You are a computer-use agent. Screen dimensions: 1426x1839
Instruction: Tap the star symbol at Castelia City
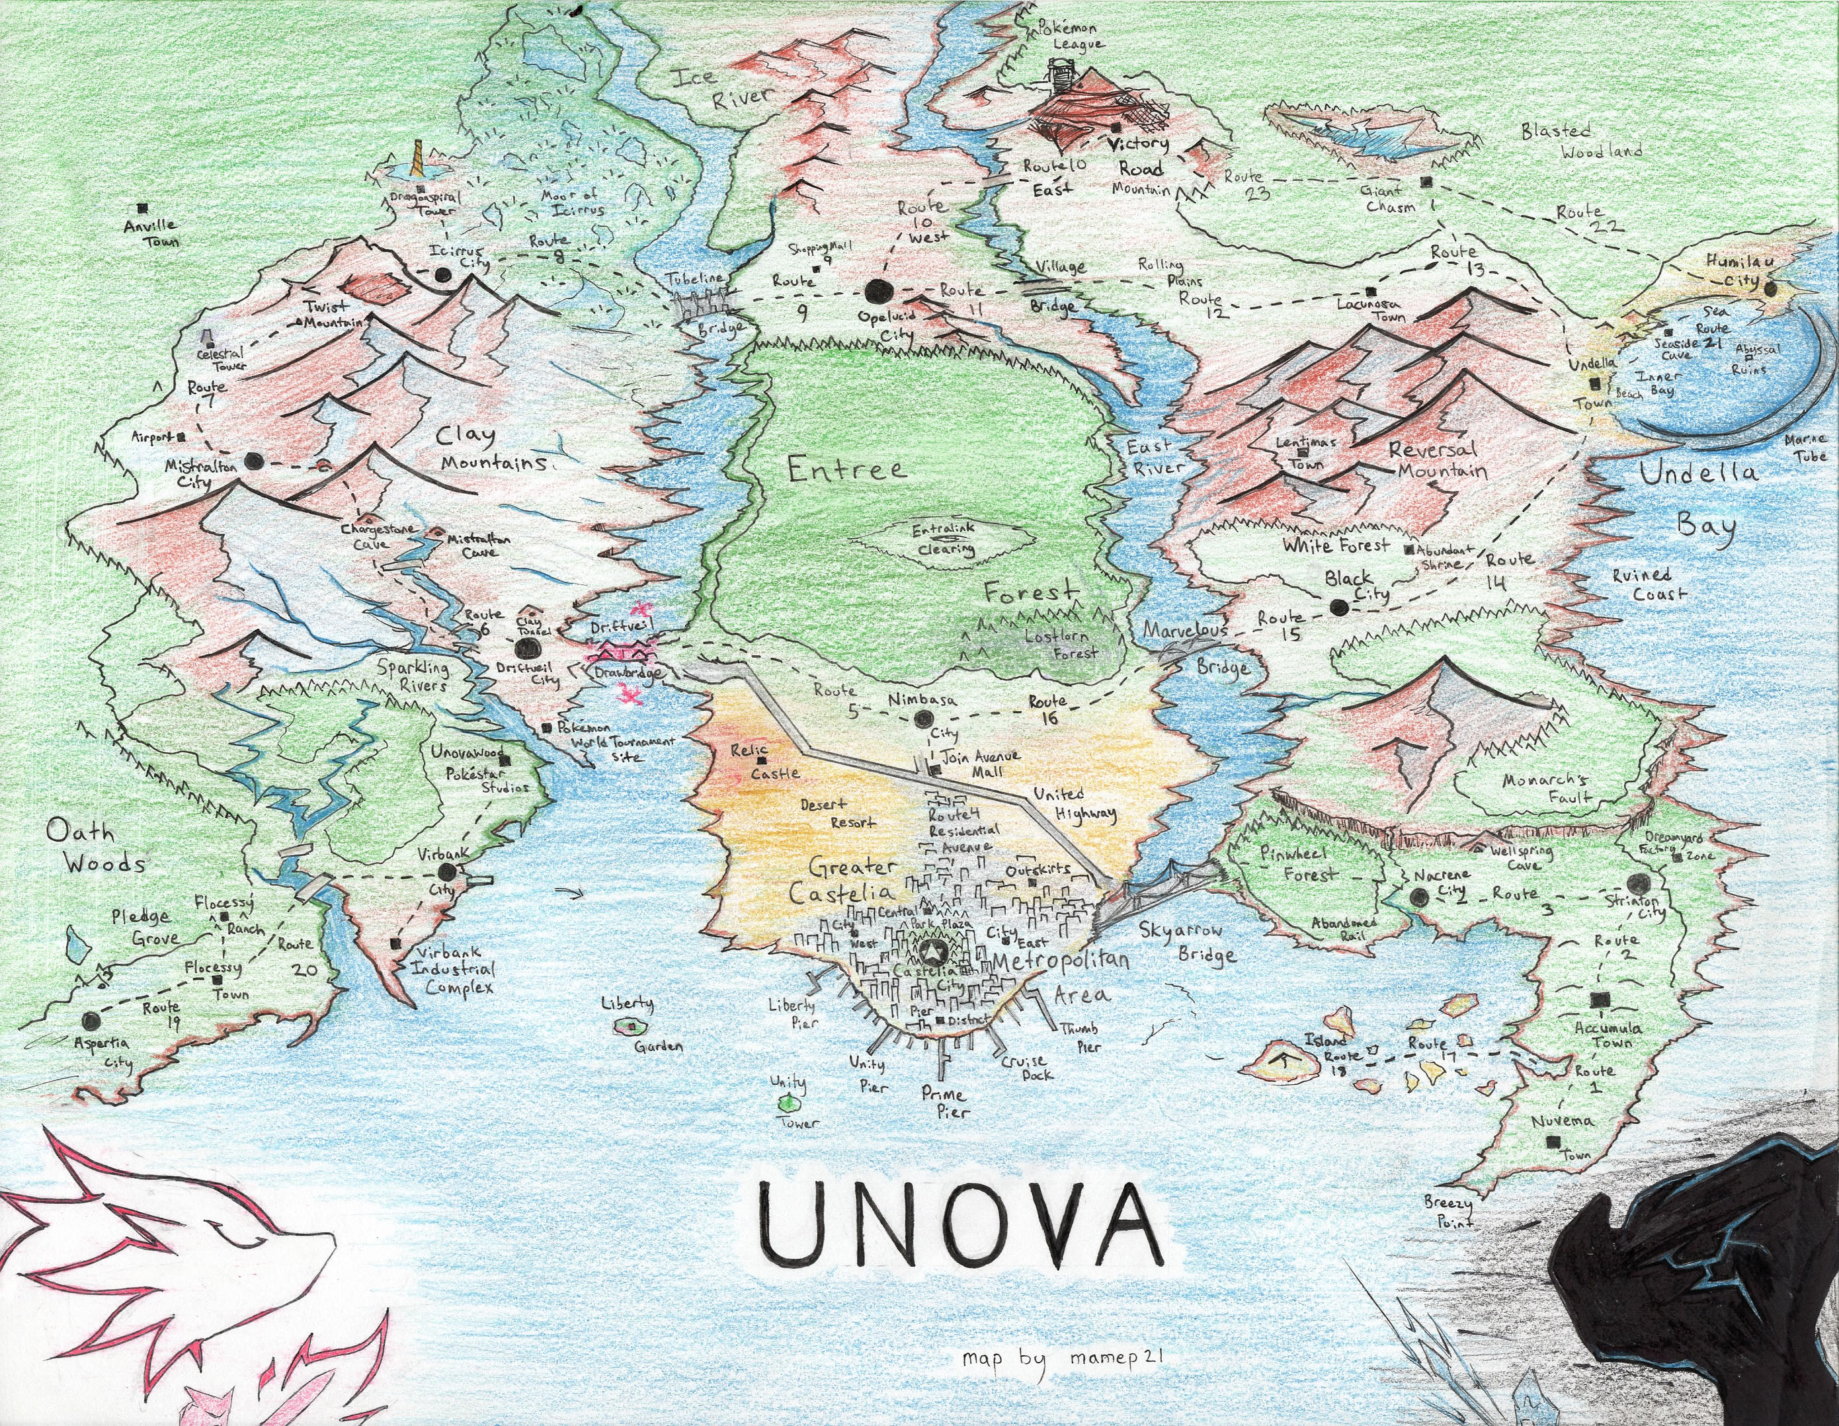click(x=933, y=953)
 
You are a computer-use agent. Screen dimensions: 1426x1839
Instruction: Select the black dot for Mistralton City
click(x=253, y=461)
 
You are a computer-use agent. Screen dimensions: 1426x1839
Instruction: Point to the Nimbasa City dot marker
click(x=924, y=718)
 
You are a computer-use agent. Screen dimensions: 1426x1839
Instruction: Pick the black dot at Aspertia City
click(x=90, y=1020)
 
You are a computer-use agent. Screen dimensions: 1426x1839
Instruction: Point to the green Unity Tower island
click(x=788, y=1102)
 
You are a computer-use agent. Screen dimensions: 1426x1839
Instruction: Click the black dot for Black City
click(x=1337, y=606)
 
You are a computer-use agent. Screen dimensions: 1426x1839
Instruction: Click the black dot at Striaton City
click(x=1639, y=884)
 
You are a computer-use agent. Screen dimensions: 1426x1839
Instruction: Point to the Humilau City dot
click(x=1770, y=290)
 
